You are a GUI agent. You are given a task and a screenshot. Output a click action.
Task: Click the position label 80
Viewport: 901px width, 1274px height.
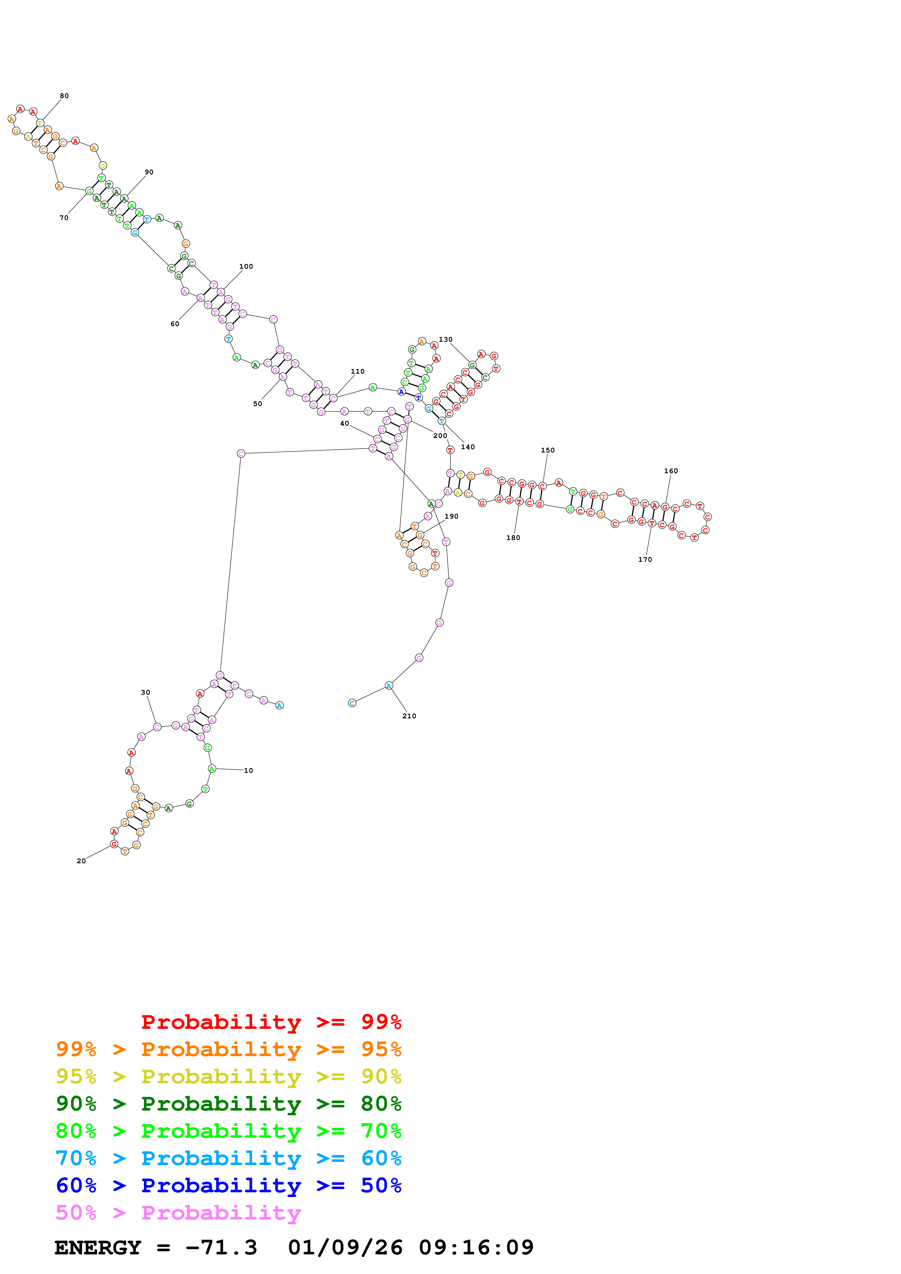click(x=64, y=96)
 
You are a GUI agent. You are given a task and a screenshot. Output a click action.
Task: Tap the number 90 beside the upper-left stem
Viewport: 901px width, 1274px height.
click(x=149, y=172)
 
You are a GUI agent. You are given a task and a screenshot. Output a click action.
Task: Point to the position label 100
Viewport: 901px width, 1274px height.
click(x=246, y=266)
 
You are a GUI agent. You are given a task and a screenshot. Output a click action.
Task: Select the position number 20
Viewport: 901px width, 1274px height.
click(x=81, y=861)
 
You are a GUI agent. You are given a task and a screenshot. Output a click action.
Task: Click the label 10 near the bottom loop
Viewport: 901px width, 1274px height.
click(x=248, y=771)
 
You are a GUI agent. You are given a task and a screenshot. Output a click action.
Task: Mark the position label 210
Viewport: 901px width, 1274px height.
click(x=409, y=716)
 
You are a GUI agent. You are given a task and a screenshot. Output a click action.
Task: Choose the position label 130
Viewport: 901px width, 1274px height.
click(x=445, y=340)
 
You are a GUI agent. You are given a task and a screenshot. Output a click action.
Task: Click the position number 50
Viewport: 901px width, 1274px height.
click(x=258, y=404)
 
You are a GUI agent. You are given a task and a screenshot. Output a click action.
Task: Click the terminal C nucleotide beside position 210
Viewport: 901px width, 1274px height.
click(x=352, y=703)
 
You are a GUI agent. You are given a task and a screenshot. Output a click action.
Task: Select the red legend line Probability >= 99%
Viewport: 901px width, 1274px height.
click(x=271, y=1022)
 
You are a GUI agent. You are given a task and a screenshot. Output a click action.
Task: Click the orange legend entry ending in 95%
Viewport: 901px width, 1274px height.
click(x=228, y=1049)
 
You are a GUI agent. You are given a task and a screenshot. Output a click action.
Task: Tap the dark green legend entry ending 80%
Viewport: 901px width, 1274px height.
click(x=228, y=1104)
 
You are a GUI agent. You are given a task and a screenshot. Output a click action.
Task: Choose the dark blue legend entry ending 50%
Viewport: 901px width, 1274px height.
click(x=228, y=1185)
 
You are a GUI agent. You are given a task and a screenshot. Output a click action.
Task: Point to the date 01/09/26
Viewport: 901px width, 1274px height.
click(x=345, y=1248)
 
